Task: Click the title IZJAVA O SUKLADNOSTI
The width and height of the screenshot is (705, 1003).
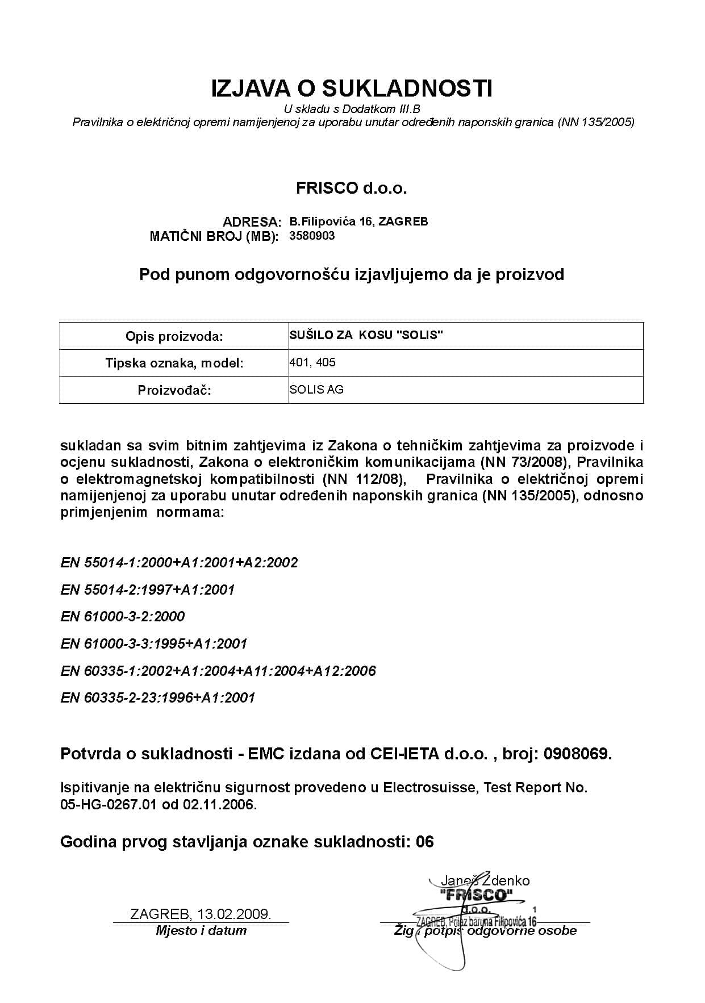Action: pos(352,89)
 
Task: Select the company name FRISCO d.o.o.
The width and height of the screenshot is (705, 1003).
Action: pos(352,189)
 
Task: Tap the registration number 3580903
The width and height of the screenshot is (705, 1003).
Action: pos(312,236)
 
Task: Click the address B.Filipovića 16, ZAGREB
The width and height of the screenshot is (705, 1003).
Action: pos(358,221)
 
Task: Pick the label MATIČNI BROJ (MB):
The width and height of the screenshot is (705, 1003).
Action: pos(214,236)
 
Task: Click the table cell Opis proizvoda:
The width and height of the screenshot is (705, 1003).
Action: pos(174,336)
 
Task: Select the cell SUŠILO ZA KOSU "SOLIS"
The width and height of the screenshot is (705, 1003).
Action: pos(366,335)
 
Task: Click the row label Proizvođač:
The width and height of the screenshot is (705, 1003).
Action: pos(174,390)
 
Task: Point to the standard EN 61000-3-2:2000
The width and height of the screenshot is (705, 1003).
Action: pos(123,616)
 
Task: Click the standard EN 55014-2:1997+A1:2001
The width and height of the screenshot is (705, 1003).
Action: pos(148,590)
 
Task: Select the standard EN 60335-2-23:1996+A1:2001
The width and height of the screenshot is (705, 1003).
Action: pos(158,697)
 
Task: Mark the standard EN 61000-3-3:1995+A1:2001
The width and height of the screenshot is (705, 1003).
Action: pos(154,643)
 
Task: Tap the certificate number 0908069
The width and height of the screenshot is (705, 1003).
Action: pos(577,754)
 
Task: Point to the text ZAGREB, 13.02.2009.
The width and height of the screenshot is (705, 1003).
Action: pos(201,914)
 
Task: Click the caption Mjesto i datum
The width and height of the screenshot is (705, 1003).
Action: pos(201,930)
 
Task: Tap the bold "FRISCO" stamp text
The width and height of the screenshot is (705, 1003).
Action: pos(476,896)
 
